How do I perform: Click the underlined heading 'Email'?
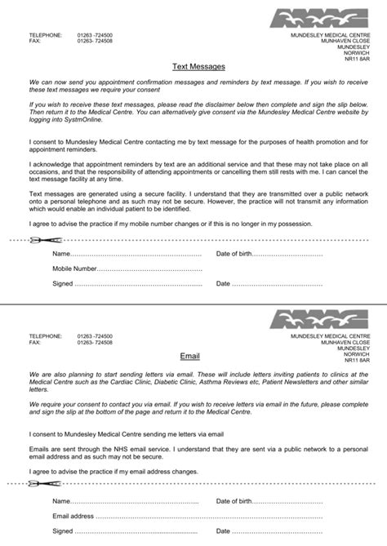coord(189,355)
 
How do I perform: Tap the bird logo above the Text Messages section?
coord(321,19)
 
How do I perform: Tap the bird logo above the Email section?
coord(321,317)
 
